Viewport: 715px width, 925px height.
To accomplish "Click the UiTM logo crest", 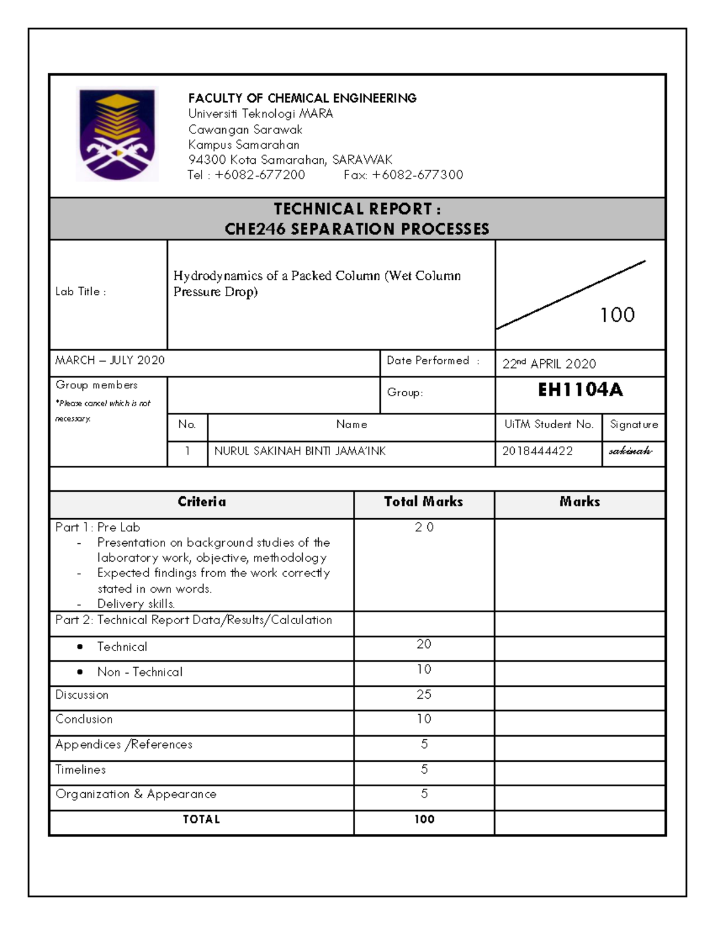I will click(x=117, y=134).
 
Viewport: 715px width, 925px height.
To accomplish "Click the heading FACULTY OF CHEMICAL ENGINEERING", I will click(x=302, y=98).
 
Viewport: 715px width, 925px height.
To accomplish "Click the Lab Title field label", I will click(x=80, y=292).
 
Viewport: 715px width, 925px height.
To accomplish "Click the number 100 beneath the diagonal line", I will click(x=617, y=315).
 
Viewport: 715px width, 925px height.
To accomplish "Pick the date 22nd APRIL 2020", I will click(x=549, y=364).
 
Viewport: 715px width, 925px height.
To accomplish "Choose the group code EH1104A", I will click(x=580, y=390).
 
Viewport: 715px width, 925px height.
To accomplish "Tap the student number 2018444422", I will click(x=537, y=451).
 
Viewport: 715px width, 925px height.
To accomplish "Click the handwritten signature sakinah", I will click(x=630, y=451).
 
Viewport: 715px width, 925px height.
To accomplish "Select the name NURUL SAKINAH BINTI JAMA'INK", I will click(x=300, y=451).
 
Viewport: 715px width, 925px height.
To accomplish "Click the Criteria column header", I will click(x=201, y=502).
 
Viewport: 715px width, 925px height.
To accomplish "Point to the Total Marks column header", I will click(x=423, y=502).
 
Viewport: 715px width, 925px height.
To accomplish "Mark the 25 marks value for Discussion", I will click(x=424, y=694).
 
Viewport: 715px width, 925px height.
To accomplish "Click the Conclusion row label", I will click(x=84, y=719).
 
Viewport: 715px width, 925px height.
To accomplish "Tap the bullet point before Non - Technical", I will click(x=80, y=672).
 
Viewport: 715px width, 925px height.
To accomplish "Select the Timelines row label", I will click(x=80, y=770).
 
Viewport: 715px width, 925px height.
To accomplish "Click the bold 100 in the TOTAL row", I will click(x=424, y=820).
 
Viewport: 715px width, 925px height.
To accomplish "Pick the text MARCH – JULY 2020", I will click(x=110, y=360).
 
